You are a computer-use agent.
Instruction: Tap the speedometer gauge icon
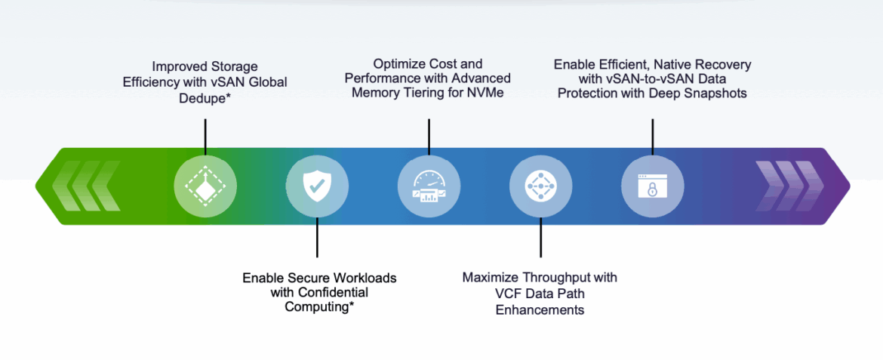(429, 186)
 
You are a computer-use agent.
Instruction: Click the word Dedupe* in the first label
(205, 97)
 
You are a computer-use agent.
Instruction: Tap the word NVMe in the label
(486, 92)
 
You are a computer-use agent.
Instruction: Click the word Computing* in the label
(319, 307)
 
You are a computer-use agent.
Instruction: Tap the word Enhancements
(540, 310)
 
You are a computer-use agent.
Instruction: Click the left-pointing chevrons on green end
(85, 186)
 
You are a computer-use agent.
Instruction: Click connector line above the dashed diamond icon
(205, 137)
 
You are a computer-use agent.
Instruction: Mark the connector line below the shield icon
(317, 237)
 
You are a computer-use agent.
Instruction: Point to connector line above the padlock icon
(652, 137)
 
